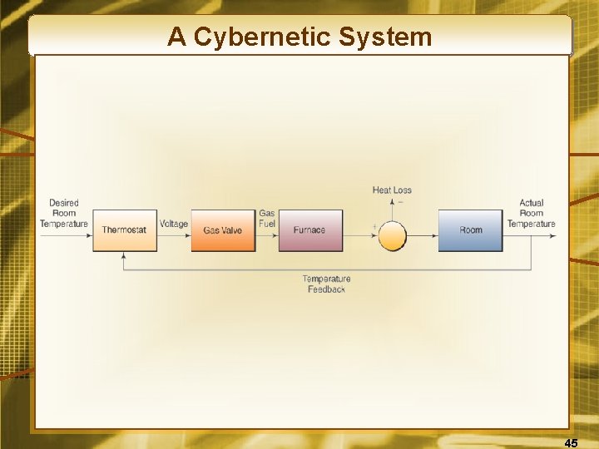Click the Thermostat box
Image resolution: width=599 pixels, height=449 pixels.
(x=125, y=230)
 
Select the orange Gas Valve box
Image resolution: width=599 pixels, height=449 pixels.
(x=222, y=230)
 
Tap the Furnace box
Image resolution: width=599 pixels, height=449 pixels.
(x=310, y=230)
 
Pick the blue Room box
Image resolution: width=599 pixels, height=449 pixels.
(x=471, y=230)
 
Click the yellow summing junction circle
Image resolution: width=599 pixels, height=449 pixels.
(x=393, y=236)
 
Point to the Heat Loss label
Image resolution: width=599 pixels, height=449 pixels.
(x=392, y=190)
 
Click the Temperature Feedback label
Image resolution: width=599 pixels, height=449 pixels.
(x=326, y=284)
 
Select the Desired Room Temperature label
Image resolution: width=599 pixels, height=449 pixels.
(x=64, y=213)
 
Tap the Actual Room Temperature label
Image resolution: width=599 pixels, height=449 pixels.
(x=531, y=213)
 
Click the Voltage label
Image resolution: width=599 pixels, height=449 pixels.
(x=174, y=224)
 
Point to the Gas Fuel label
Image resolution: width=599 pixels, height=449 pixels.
(x=267, y=219)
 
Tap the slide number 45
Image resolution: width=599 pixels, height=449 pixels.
(x=571, y=443)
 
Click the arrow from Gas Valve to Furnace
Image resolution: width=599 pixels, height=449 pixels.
(x=268, y=236)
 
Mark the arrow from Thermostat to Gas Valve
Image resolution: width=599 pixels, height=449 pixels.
(x=175, y=236)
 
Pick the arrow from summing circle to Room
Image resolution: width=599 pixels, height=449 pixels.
(x=423, y=236)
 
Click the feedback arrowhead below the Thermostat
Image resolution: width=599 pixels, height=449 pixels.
(x=125, y=255)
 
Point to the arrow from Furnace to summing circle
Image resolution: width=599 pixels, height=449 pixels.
(x=360, y=236)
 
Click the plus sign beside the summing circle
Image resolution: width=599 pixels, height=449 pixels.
(x=374, y=226)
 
